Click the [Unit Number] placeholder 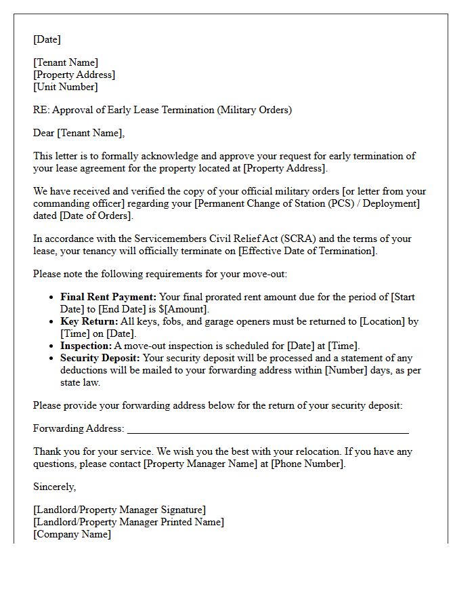[66, 87]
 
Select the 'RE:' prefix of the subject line [41, 110]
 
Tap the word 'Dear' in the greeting [44, 133]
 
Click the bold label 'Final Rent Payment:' [108, 297]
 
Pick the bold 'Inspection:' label [85, 346]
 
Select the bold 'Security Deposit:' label [101, 358]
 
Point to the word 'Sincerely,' [55, 487]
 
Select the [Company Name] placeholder [72, 534]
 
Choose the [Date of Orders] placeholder [96, 216]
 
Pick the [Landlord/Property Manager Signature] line [119, 510]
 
